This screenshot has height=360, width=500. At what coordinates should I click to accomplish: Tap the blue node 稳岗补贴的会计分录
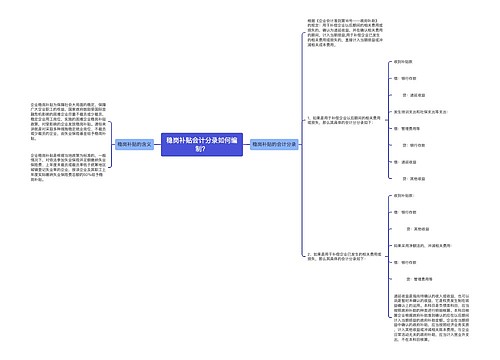pos(274,145)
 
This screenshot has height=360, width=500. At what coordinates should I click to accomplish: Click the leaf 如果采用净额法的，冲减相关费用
pos(412,244)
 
